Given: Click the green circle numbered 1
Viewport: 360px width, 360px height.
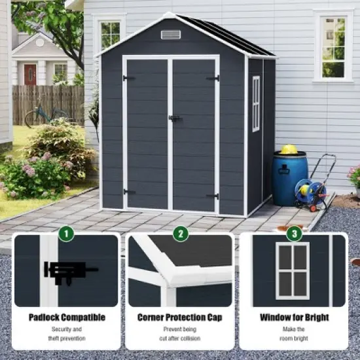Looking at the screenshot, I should tap(66, 233).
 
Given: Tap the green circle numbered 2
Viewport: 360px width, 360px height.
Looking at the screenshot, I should tap(180, 233).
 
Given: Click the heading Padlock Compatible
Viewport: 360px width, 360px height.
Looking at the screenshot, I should tap(67, 317).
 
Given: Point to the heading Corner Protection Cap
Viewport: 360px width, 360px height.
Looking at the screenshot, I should tap(179, 317).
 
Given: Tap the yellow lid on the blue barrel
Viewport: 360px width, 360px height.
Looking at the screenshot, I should tap(289, 149).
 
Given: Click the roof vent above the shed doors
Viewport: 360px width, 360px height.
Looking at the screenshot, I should tap(171, 34).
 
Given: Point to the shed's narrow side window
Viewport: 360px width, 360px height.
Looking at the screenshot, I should tap(256, 103).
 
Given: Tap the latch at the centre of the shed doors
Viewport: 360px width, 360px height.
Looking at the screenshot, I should tap(173, 118).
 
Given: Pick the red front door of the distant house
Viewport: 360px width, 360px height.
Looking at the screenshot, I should tap(30, 74).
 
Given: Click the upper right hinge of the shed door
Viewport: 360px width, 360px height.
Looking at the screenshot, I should tap(213, 79).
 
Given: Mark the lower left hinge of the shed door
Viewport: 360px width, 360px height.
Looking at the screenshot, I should tap(129, 192).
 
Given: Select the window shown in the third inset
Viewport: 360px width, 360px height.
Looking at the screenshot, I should tap(293, 270).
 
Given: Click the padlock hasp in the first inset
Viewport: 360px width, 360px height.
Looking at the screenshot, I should tap(65, 270).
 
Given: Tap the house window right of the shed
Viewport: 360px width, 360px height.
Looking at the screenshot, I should tap(333, 46).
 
